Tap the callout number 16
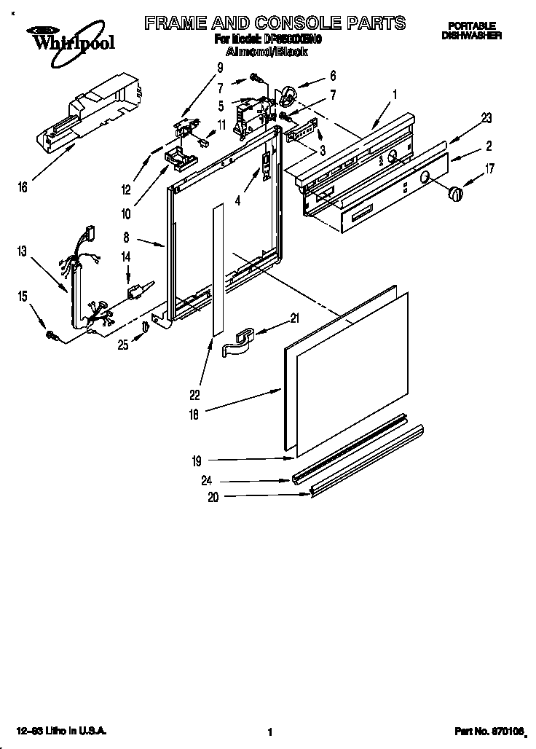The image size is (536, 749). (23, 187)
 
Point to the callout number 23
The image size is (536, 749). (486, 117)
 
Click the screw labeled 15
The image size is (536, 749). (53, 334)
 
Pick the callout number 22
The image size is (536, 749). (194, 396)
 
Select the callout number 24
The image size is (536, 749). (209, 480)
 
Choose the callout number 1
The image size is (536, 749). (395, 94)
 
